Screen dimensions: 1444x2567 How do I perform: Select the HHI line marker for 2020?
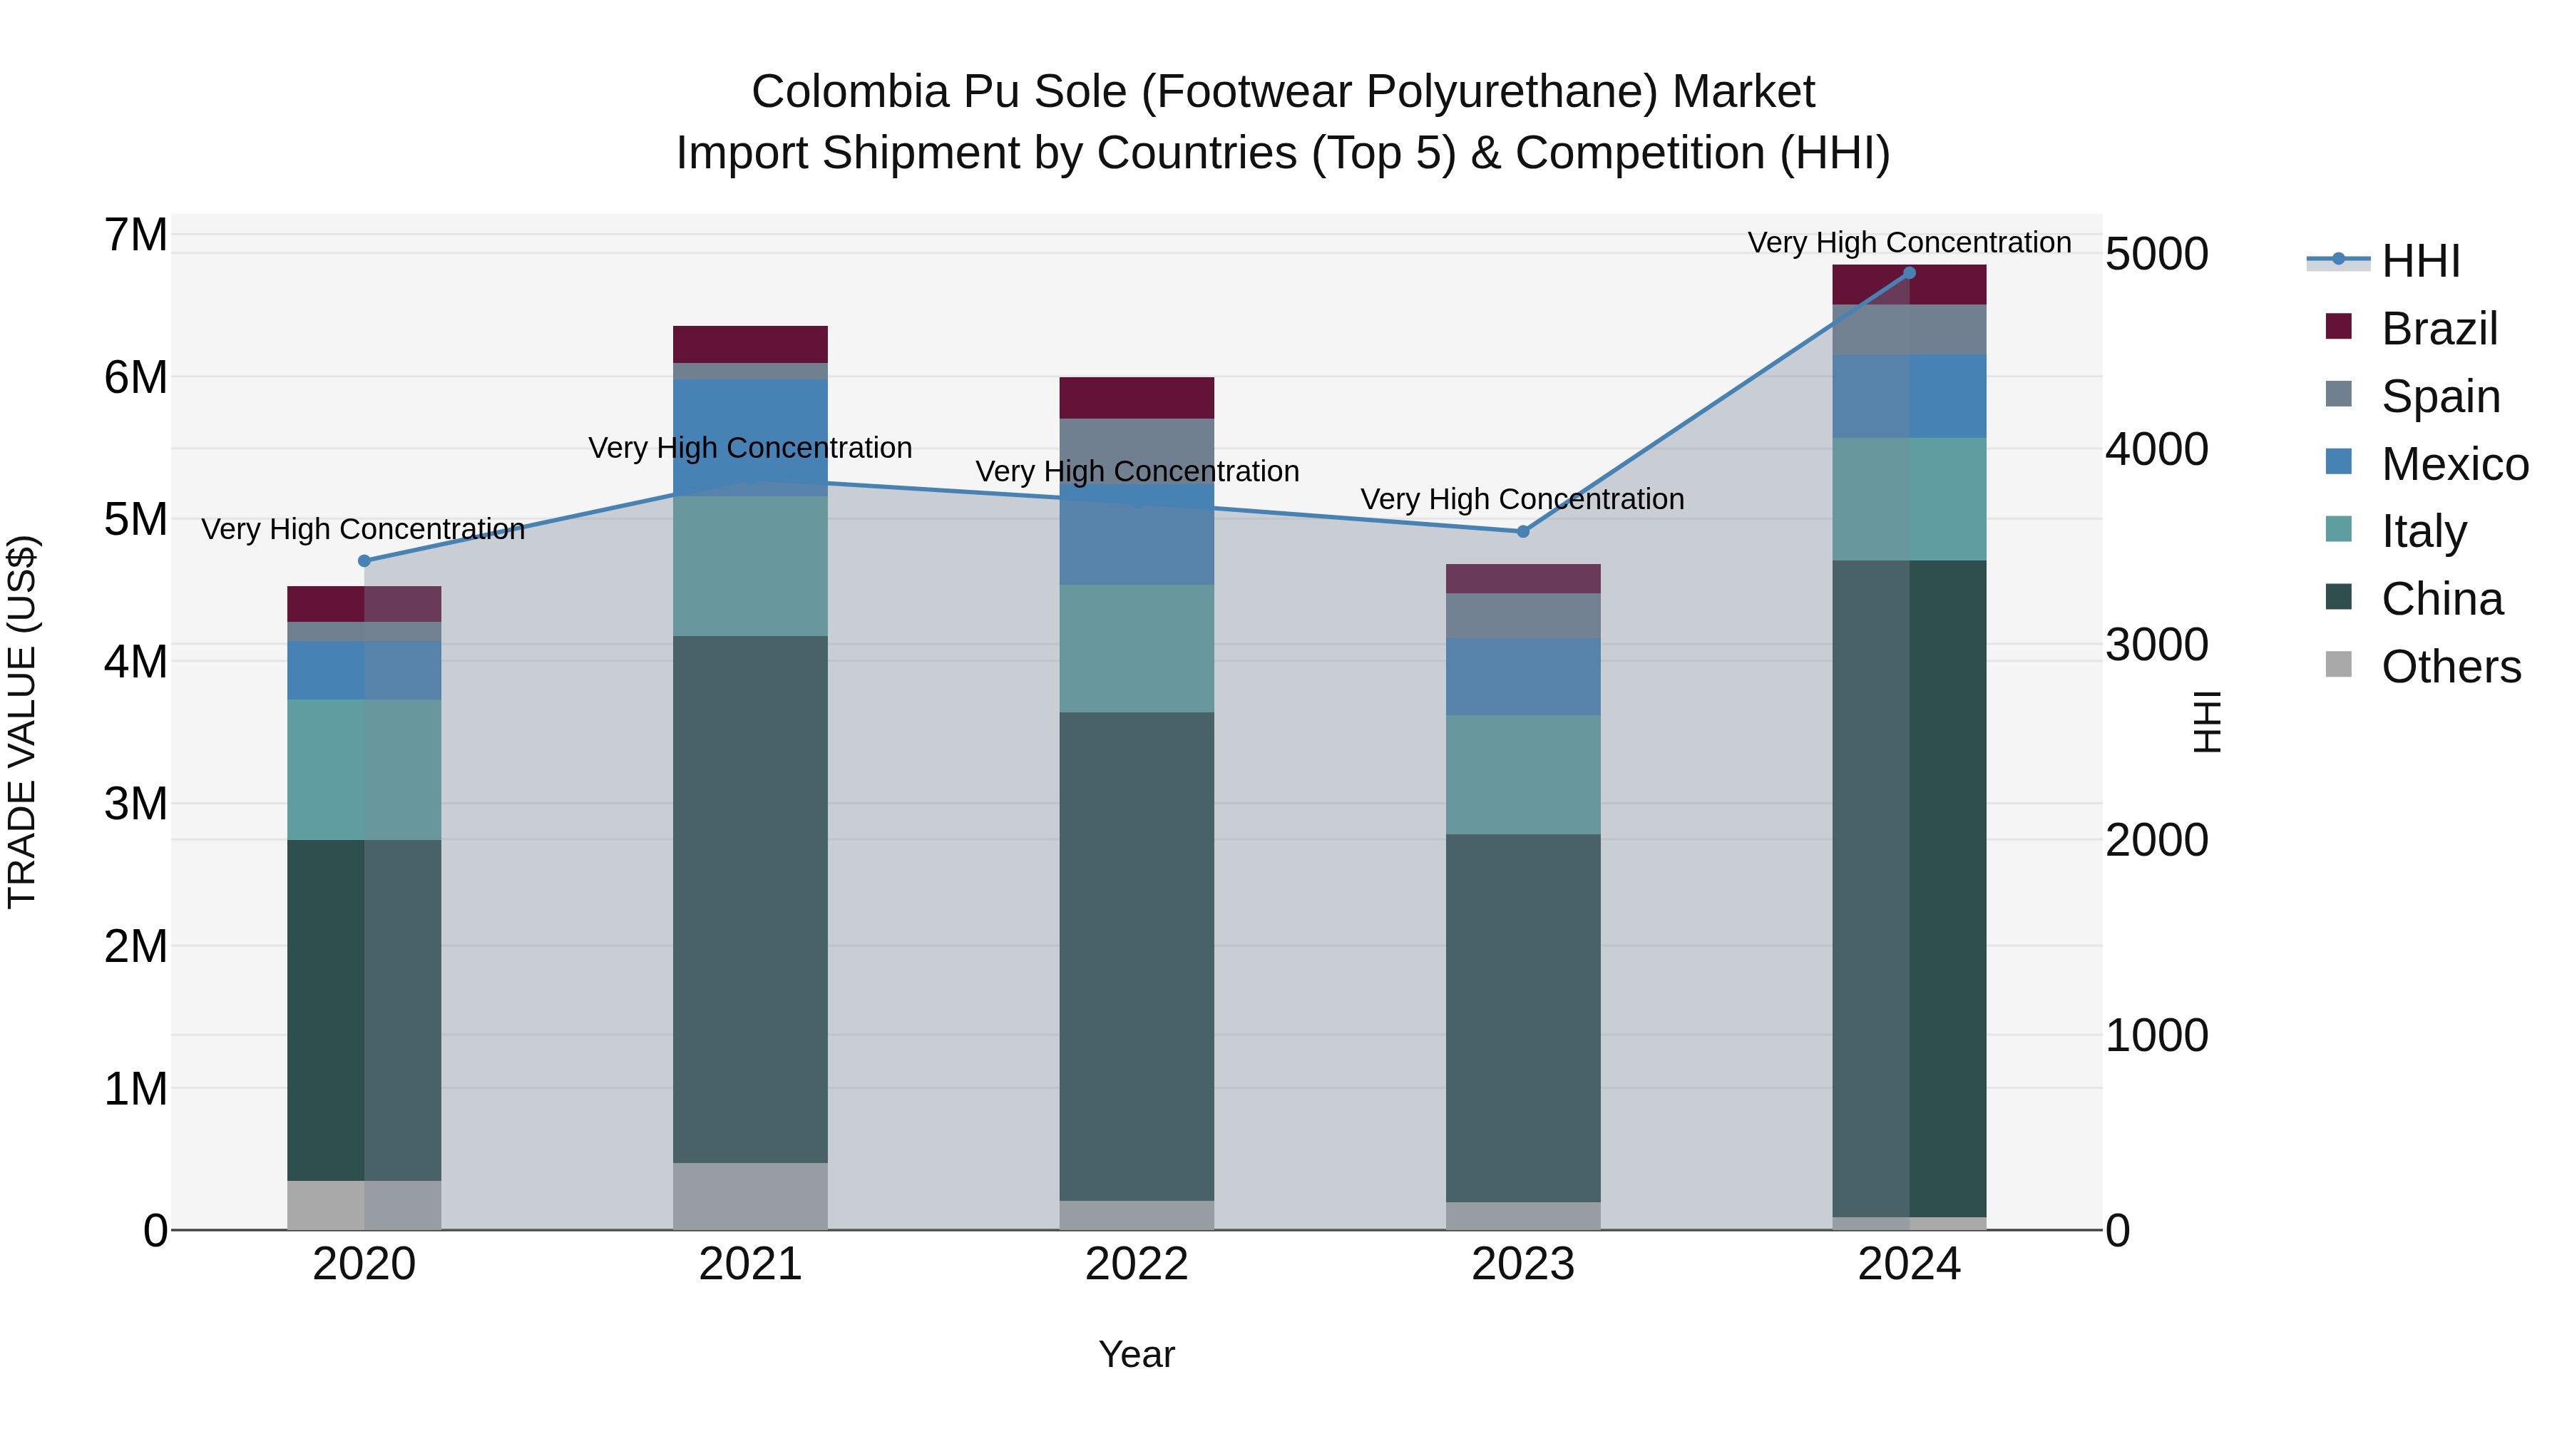tap(364, 561)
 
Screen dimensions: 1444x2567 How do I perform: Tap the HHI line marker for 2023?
tap(1522, 531)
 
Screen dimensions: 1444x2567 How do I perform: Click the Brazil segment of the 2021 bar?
tap(749, 344)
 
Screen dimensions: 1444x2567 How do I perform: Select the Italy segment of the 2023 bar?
tap(1522, 774)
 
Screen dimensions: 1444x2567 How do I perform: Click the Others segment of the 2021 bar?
tap(749, 1196)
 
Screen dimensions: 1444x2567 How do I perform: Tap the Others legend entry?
tap(2449, 667)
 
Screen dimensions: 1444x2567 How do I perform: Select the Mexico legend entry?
tap(2454, 464)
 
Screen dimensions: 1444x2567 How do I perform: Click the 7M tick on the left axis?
tap(135, 235)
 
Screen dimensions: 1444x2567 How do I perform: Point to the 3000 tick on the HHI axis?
tap(2156, 645)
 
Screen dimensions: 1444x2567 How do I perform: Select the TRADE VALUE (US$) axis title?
tap(22, 722)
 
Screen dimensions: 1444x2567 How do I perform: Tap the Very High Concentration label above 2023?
tap(1522, 498)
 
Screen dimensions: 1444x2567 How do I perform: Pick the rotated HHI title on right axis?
tap(2207, 722)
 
